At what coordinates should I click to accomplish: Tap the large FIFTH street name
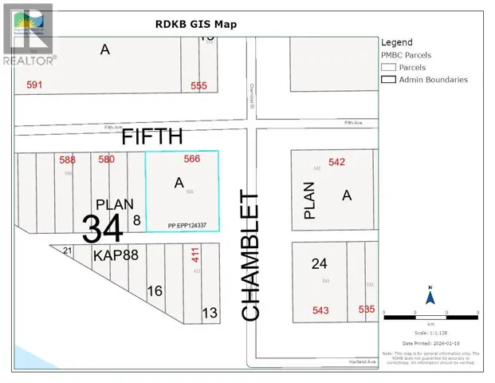coord(151,136)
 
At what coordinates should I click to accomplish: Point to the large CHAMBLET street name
coord(250,256)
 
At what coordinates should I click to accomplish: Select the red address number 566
coord(192,159)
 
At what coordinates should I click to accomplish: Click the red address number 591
coord(33,85)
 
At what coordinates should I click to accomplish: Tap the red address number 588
coord(68,160)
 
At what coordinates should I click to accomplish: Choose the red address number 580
coord(106,159)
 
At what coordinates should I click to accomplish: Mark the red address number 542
coord(336,162)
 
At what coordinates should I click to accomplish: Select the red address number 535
coord(367,309)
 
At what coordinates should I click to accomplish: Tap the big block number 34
coord(104,228)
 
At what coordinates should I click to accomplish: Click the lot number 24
coord(320,263)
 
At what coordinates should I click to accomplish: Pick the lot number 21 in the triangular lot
coord(68,251)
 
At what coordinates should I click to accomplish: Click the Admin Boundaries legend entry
coord(433,80)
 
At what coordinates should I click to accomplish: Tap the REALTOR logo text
coord(29,60)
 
